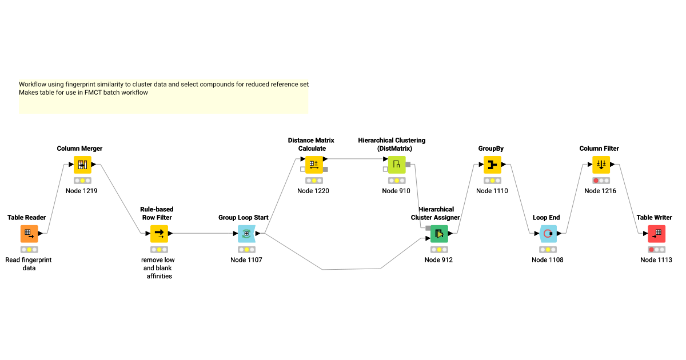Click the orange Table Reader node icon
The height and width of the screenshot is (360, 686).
(x=29, y=234)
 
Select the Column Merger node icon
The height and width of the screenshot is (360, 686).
(x=82, y=165)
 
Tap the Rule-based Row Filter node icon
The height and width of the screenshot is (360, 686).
(x=159, y=234)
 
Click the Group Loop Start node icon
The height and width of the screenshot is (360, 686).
(x=246, y=234)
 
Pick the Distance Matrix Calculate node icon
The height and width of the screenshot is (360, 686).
(x=314, y=165)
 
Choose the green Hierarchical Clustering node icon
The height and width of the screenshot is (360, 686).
(x=396, y=165)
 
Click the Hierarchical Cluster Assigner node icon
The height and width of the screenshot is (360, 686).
(x=439, y=234)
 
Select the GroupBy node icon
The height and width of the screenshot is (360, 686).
(x=492, y=165)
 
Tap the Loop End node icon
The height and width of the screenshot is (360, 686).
(x=548, y=234)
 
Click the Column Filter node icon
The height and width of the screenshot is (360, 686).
(x=601, y=165)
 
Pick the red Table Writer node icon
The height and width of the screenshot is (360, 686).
(x=656, y=234)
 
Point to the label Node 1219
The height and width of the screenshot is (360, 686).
(x=81, y=191)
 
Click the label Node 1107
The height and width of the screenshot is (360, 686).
(x=246, y=260)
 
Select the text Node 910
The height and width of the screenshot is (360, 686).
(x=396, y=191)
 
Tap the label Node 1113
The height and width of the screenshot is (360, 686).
(x=656, y=260)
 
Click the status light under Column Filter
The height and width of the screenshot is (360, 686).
(x=600, y=181)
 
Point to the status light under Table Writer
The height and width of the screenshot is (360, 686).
(x=656, y=250)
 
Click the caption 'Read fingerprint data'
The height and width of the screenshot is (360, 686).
(x=29, y=264)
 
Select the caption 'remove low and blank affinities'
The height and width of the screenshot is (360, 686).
(x=158, y=268)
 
